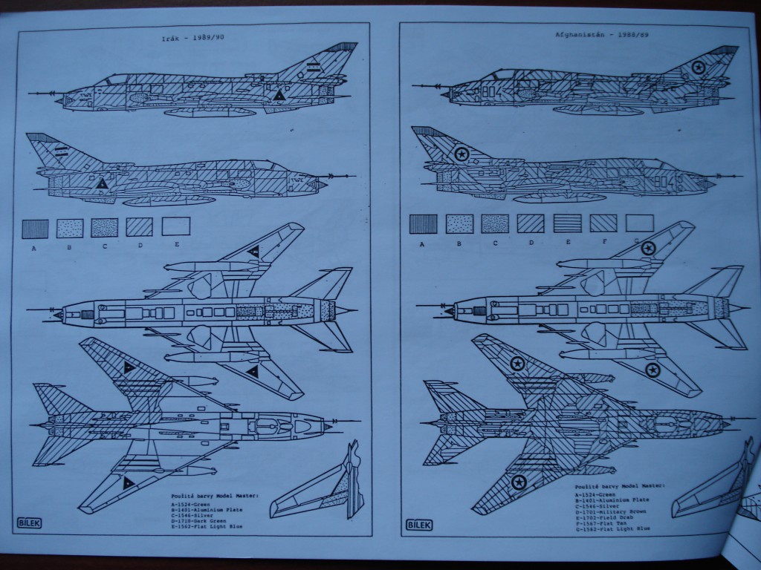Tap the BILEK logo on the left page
[x=27, y=522]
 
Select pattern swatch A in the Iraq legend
[x=35, y=227]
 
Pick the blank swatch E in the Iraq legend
[x=175, y=226]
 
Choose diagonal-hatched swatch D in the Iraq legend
[x=139, y=226]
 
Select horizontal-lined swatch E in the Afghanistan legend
[x=567, y=223]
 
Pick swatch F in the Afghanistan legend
[x=603, y=223]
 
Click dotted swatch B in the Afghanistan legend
[x=459, y=223]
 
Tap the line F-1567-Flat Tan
[x=598, y=522]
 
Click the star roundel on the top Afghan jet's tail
[x=698, y=69]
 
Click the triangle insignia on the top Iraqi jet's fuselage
[x=278, y=96]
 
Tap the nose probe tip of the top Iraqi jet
[x=28, y=93]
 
